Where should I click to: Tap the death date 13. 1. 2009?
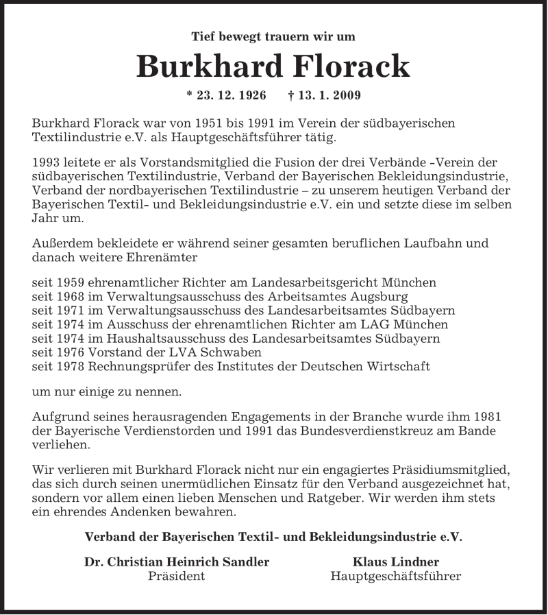coord(325,95)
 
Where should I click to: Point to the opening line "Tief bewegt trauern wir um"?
coord(273,37)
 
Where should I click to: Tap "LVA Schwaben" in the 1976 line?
coord(226,352)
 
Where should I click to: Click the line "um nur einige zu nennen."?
coord(107,393)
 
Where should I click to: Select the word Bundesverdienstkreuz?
coord(373,431)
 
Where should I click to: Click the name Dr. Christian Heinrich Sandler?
coord(177,562)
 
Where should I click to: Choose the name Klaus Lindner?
coord(396,562)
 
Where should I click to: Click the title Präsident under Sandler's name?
coord(177,577)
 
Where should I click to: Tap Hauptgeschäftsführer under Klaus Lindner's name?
coord(396,577)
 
